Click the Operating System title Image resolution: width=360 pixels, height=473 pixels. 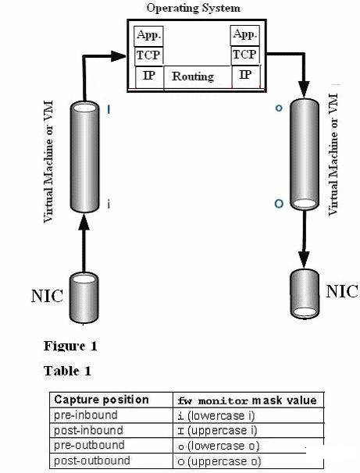pyautogui.click(x=194, y=8)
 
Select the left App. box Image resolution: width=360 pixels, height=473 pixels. pyautogui.click(x=148, y=36)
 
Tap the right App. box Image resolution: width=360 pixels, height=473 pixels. pyautogui.click(x=244, y=35)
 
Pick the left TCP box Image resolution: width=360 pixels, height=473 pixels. pyautogui.click(x=148, y=56)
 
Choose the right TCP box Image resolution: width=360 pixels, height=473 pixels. pyautogui.click(x=245, y=55)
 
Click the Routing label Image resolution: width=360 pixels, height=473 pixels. pyautogui.click(x=193, y=76)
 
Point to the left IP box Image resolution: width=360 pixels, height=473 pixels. pyautogui.click(x=149, y=77)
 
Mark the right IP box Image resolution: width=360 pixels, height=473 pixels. pyautogui.click(x=246, y=76)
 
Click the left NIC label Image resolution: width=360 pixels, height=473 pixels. pyautogui.click(x=47, y=296)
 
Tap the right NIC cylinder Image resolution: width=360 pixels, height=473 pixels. pyautogui.click(x=305, y=293)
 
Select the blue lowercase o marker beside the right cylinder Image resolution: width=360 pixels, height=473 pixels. pyautogui.click(x=279, y=108)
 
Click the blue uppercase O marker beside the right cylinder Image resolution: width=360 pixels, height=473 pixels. pyautogui.click(x=279, y=204)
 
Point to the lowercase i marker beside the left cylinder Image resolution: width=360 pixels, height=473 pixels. pyautogui.click(x=109, y=204)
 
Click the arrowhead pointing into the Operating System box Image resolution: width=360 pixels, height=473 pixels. pyautogui.click(x=118, y=56)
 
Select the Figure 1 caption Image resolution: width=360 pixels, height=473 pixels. pyautogui.click(x=70, y=346)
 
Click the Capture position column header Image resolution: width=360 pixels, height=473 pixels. pyautogui.click(x=102, y=400)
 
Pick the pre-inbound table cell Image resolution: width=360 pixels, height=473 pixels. pyautogui.click(x=86, y=415)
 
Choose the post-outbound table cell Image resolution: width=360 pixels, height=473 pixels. pyautogui.click(x=92, y=461)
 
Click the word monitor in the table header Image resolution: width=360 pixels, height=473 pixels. pyautogui.click(x=223, y=401)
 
